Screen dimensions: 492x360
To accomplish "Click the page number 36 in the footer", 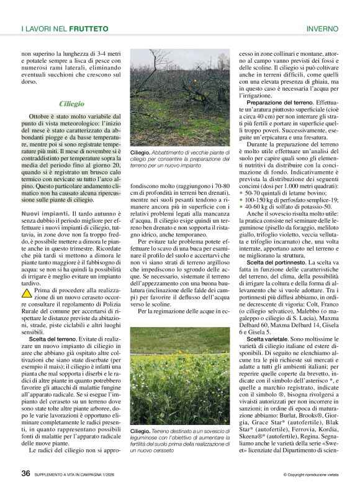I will [25, 473].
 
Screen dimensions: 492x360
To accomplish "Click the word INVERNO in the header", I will [322, 29].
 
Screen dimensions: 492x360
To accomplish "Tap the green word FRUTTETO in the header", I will [88, 29].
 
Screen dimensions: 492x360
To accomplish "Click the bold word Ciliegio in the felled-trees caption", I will [140, 152].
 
